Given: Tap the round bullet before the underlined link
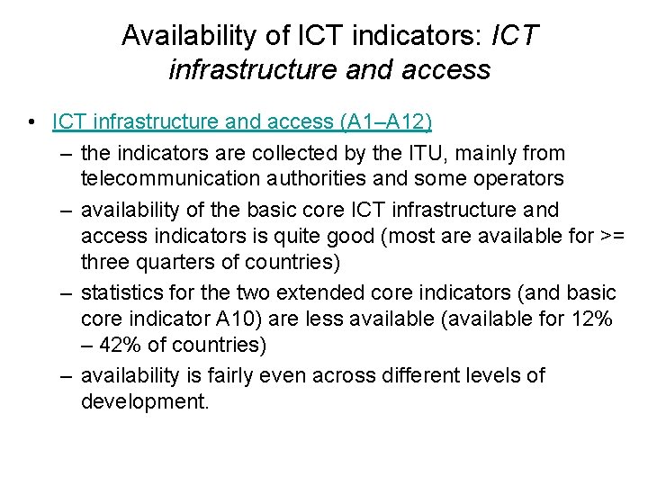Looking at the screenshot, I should (32, 121).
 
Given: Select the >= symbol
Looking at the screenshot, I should (609, 236).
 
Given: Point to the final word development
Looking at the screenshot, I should (144, 400).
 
